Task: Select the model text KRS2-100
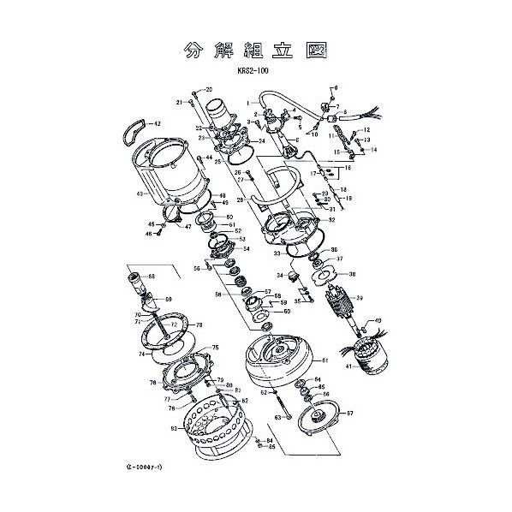click(x=255, y=71)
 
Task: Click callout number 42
click(x=157, y=124)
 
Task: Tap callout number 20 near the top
click(x=209, y=90)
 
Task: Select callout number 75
click(x=216, y=348)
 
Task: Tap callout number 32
click(x=331, y=220)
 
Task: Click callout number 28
click(x=241, y=199)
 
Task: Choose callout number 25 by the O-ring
click(x=218, y=161)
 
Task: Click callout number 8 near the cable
click(x=347, y=112)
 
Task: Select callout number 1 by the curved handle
click(x=249, y=102)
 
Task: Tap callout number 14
click(x=373, y=149)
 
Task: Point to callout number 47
click(x=187, y=227)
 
